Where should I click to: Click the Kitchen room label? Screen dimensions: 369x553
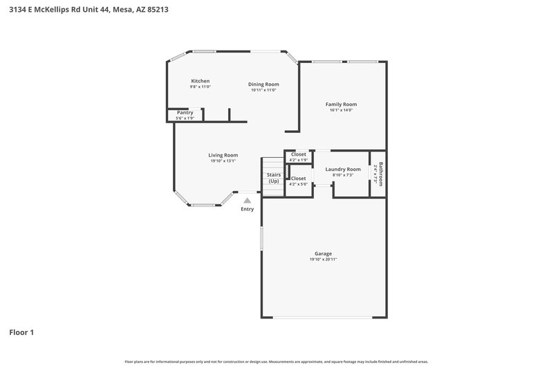click(x=200, y=81)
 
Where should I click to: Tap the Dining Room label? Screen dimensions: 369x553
click(x=263, y=84)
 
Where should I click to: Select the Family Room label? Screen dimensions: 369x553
click(x=341, y=105)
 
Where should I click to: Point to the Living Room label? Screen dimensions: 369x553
click(x=223, y=155)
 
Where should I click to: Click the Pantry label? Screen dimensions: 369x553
click(x=185, y=112)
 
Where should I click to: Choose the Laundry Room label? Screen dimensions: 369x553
click(x=343, y=169)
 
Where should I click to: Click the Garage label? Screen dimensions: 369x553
click(x=324, y=253)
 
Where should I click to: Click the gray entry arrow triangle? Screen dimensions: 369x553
click(x=247, y=200)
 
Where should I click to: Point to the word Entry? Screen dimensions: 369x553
click(x=247, y=209)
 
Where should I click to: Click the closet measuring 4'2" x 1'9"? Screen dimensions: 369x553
click(x=299, y=157)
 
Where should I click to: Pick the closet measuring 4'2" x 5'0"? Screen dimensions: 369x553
click(x=299, y=181)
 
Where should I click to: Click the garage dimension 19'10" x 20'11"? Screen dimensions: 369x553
click(x=324, y=260)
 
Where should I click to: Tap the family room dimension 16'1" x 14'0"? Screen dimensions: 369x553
click(x=341, y=110)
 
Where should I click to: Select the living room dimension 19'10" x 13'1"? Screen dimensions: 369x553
click(x=223, y=161)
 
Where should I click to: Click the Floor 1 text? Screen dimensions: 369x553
click(x=21, y=332)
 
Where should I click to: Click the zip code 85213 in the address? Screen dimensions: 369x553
click(x=153, y=10)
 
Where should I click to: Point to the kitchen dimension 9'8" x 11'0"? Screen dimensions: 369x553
click(x=200, y=87)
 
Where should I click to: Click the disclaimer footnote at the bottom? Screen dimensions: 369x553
click(x=276, y=361)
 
